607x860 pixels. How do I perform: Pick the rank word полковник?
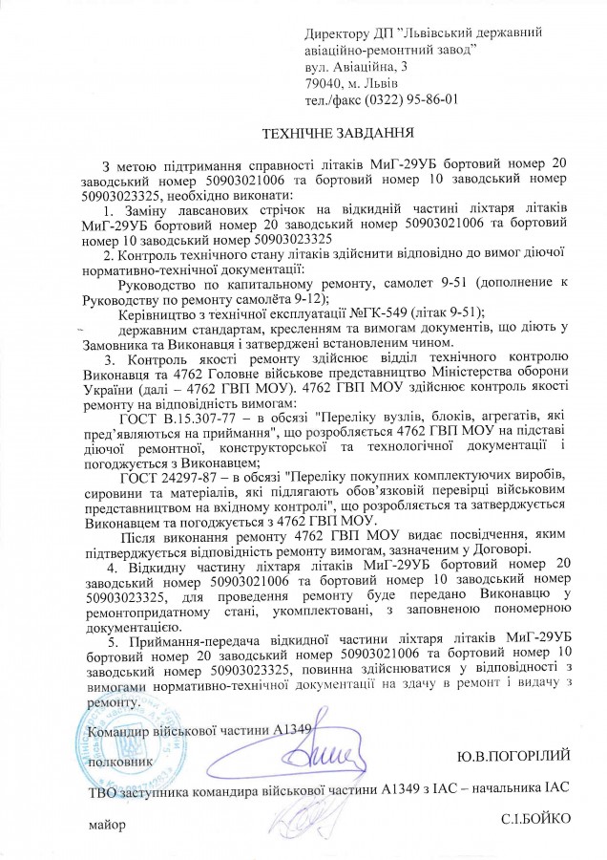[x=118, y=763]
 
